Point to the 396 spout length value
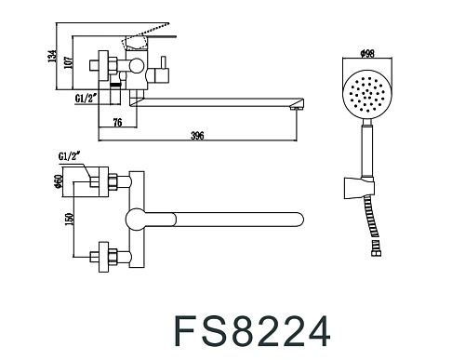pos(196,137)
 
